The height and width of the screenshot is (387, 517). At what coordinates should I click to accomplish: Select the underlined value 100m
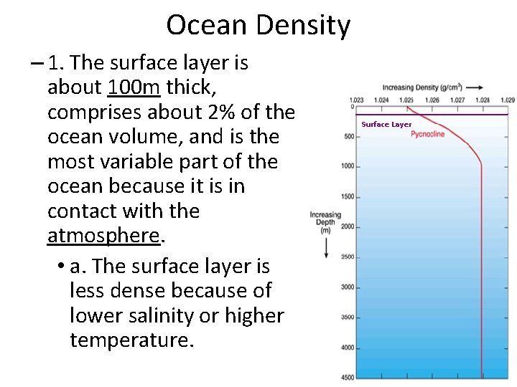pyautogui.click(x=134, y=87)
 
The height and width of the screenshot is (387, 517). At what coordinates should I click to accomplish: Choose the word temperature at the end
pyautogui.click(x=132, y=340)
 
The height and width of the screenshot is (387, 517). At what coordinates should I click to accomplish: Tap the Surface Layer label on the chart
pyautogui.click(x=386, y=124)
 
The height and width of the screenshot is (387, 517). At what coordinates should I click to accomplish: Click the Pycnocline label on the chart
pyautogui.click(x=427, y=134)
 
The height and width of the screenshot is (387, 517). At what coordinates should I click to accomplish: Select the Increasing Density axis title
pyautogui.click(x=421, y=87)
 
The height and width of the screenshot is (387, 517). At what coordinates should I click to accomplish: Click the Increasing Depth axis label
pyautogui.click(x=325, y=222)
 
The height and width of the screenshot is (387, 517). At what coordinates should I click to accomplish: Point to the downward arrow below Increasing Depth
pyautogui.click(x=326, y=247)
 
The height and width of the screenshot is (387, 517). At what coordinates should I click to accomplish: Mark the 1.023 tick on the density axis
pyautogui.click(x=355, y=100)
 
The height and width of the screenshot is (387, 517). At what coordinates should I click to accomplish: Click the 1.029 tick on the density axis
pyautogui.click(x=507, y=100)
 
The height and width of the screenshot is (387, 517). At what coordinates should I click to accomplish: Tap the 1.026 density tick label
pyautogui.click(x=432, y=100)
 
